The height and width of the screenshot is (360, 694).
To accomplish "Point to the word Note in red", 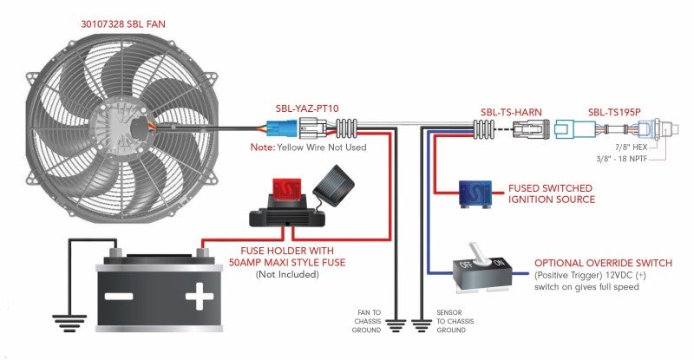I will point(262,148).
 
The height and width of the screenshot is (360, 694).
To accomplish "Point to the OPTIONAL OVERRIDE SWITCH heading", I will point(603,263).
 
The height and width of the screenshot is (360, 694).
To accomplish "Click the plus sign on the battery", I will point(199,299).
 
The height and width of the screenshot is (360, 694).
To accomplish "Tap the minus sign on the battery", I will point(120,299).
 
